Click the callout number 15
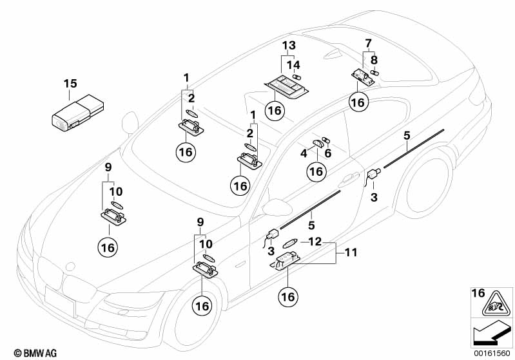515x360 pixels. coord(70,83)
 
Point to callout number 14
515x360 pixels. coord(293,64)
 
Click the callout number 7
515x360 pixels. coord(369,43)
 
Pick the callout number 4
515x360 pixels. coord(303,153)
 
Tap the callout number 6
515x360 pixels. coord(328,153)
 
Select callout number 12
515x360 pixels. coord(315,242)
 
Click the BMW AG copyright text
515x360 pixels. coord(22,353)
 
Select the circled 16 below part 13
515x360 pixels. coord(275,111)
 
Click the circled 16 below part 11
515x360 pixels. coord(288,296)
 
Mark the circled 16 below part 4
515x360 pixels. coord(315,171)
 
